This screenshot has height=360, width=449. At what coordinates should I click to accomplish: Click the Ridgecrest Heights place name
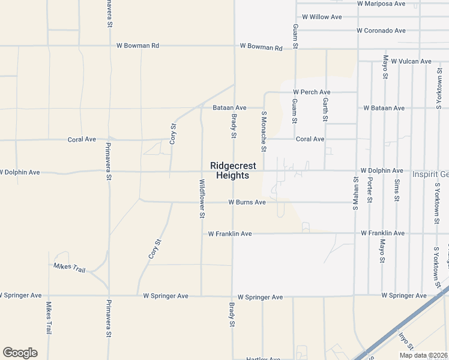[233, 170]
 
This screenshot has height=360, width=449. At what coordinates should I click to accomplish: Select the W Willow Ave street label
[322, 17]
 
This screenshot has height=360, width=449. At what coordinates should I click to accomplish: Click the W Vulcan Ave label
[411, 61]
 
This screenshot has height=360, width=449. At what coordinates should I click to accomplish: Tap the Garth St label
[325, 110]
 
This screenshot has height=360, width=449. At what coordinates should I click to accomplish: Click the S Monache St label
[264, 131]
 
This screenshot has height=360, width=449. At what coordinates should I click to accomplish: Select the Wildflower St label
[202, 199]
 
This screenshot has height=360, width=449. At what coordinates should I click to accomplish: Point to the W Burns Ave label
[247, 203]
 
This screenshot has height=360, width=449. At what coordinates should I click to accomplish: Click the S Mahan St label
[355, 192]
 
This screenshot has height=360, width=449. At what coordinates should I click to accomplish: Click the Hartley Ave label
[263, 359]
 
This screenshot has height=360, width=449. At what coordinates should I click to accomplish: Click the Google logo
[20, 353]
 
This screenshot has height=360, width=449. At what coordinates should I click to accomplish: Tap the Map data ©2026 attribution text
[423, 355]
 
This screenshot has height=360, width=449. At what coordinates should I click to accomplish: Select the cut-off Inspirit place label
[430, 175]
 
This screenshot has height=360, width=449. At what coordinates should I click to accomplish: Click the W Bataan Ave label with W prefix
[384, 108]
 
